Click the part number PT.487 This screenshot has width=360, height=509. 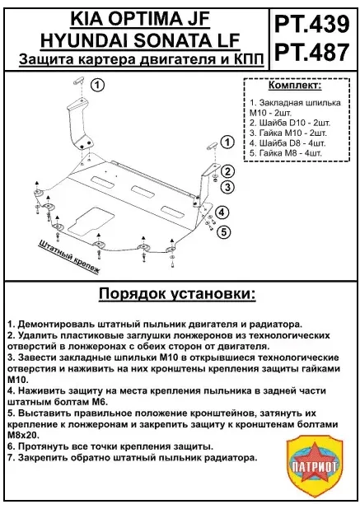(314, 53)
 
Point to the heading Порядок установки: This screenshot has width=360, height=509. (177, 294)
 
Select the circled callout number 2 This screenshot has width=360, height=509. (228, 172)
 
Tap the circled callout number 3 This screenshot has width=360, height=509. (228, 187)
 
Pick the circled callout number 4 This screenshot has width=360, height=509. (222, 213)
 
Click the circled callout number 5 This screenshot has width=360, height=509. (222, 231)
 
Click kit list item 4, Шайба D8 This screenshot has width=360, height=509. (288, 142)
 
